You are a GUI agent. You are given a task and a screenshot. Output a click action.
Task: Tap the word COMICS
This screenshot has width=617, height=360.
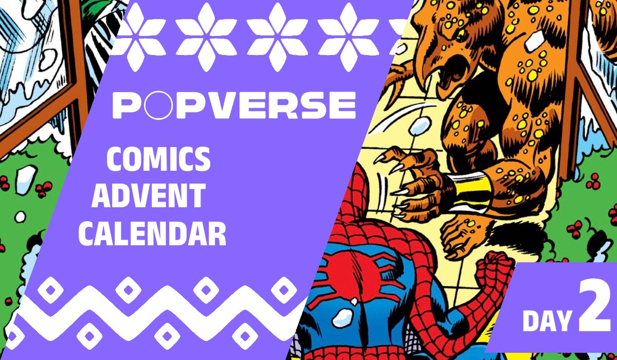(158, 160)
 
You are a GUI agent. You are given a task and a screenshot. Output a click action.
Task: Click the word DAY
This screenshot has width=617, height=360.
(547, 320)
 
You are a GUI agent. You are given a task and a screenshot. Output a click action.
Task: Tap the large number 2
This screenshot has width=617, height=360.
(594, 309)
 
